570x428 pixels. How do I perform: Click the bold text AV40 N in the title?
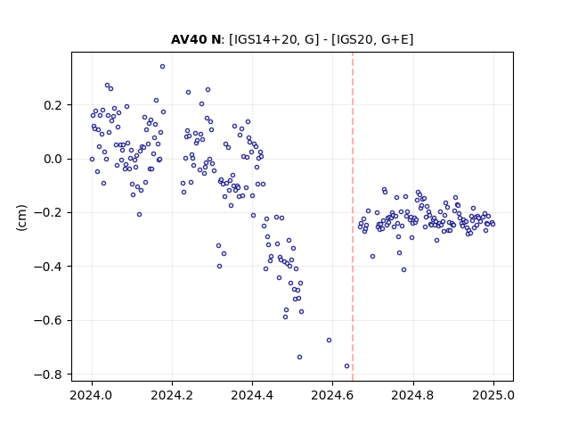[x=196, y=39]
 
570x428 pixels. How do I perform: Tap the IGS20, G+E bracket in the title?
[x=372, y=39]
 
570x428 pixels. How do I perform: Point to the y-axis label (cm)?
[x=21, y=218]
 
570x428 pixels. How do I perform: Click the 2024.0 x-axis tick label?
[x=92, y=395]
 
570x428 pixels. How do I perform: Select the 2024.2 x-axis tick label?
[x=172, y=395]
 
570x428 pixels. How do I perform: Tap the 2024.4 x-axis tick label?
[x=252, y=395]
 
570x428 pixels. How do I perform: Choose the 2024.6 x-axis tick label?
[x=332, y=395]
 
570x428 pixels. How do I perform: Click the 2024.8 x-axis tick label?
[x=413, y=395]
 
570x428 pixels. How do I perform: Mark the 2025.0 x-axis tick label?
[x=493, y=395]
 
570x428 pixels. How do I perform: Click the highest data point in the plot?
[x=162, y=66]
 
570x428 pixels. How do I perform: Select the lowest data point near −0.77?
[x=346, y=366]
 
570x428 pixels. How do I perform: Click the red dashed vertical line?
[x=353, y=217]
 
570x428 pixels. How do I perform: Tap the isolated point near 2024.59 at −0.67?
[x=329, y=341]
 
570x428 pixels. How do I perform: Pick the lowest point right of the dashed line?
[x=403, y=269]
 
